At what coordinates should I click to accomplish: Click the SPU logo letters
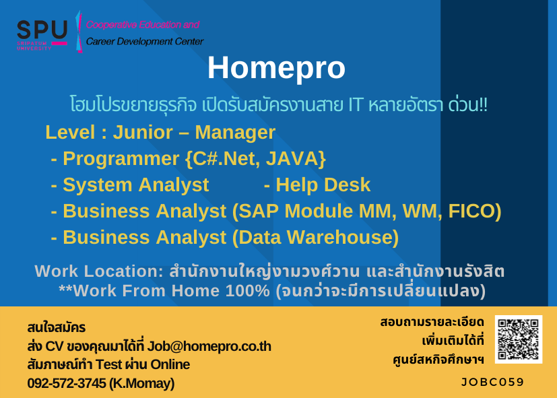tap(42, 30)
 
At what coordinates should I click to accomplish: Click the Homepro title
tap(276, 68)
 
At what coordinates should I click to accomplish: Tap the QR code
tap(519, 339)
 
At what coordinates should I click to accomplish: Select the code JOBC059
tap(492, 382)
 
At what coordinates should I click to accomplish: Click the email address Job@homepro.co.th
tap(209, 346)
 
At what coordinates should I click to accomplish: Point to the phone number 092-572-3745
tap(67, 383)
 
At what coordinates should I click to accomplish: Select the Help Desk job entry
tap(317, 185)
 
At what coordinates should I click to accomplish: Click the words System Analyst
tap(135, 185)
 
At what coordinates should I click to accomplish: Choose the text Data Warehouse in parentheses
tap(315, 237)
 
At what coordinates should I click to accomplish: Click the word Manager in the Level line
tap(235, 133)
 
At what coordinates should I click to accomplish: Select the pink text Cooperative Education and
tap(142, 25)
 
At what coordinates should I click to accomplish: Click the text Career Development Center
tap(145, 42)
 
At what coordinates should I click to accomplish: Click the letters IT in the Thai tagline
tap(355, 105)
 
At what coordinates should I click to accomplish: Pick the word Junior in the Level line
tap(143, 133)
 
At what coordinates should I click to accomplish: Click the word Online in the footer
tap(170, 364)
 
